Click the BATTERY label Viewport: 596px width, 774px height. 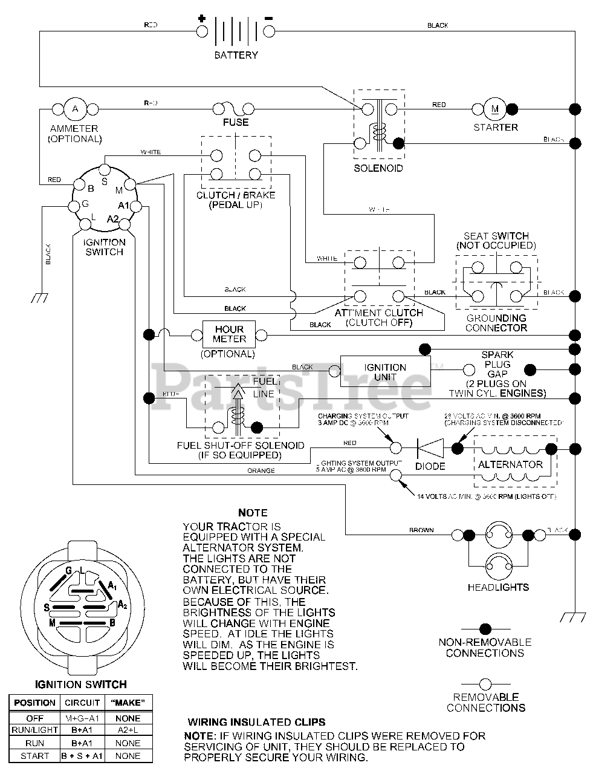point(236,55)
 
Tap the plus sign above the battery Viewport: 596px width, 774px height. point(201,19)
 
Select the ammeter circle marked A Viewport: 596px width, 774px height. point(76,109)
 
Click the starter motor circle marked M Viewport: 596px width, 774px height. point(495,109)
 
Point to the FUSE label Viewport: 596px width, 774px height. point(235,122)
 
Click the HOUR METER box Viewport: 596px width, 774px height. point(229,334)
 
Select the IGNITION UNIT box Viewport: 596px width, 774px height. point(384,372)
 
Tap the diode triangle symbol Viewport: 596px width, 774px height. point(430,448)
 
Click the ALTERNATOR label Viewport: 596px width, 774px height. point(510,464)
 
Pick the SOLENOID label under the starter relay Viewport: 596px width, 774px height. point(378,168)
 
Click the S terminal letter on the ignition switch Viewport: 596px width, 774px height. point(103,180)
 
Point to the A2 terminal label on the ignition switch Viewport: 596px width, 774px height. point(113,219)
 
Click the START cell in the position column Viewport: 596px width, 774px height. point(35,755)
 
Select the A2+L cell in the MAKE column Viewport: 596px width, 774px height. point(128,730)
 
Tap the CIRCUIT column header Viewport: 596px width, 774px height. point(82,703)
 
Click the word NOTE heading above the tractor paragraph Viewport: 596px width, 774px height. point(253,513)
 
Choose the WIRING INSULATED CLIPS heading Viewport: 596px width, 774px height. point(256,722)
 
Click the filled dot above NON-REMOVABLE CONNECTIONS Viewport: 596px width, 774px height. point(485,629)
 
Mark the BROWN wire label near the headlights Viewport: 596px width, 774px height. point(421,530)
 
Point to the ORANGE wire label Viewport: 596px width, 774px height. point(261,470)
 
